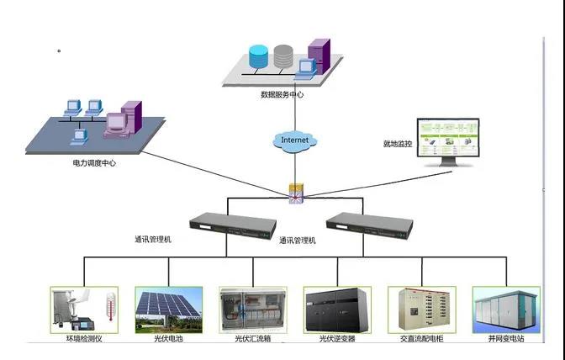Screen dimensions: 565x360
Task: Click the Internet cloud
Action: [x=295, y=141]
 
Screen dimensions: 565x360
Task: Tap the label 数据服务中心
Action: [x=282, y=95]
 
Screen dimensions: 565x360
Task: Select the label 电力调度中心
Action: [x=94, y=163]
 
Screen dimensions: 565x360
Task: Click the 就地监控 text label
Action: [x=398, y=144]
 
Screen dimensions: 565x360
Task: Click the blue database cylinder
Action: [x=258, y=56]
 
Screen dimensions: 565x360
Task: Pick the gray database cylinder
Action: [x=283, y=56]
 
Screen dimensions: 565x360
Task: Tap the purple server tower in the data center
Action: [x=319, y=56]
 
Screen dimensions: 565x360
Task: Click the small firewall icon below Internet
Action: [x=296, y=193]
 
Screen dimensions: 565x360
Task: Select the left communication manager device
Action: [x=233, y=226]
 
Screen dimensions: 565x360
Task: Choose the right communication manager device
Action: [x=369, y=226]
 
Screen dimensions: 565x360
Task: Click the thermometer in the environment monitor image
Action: [x=111, y=307]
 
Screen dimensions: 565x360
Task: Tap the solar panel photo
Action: [x=169, y=310]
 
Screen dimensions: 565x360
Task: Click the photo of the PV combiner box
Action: [x=253, y=310]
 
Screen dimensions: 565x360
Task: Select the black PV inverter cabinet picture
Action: [x=337, y=310]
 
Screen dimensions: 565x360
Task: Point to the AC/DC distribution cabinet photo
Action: [x=422, y=310]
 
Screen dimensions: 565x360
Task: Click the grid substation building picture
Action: [x=506, y=310]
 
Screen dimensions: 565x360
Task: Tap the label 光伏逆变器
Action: [x=337, y=339]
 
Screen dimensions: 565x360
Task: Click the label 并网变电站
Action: [x=506, y=339]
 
